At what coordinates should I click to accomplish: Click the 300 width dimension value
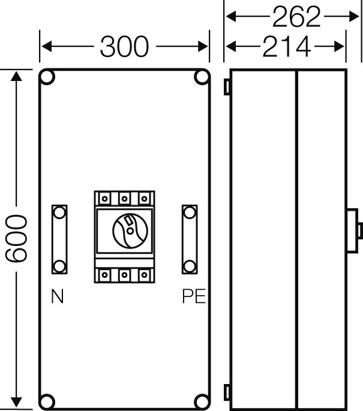pyautogui.click(x=124, y=47)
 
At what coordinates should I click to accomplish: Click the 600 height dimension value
pyautogui.click(x=16, y=239)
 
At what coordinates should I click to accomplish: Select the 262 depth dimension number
pyautogui.click(x=296, y=17)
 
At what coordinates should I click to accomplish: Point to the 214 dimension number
pyautogui.click(x=287, y=47)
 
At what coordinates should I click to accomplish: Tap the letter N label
pyautogui.click(x=58, y=296)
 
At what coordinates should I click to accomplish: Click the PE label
pyautogui.click(x=194, y=296)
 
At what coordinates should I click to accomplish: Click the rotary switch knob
pyautogui.click(x=130, y=231)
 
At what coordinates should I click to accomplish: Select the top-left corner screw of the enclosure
pyautogui.click(x=47, y=77)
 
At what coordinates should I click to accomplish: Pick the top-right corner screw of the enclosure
pyautogui.click(x=202, y=77)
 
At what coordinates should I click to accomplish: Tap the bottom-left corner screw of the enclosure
pyautogui.click(x=47, y=401)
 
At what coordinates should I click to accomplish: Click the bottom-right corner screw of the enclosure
pyautogui.click(x=202, y=401)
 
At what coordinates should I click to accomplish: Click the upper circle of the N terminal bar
pyautogui.click(x=59, y=212)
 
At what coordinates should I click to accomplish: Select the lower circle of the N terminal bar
pyautogui.click(x=59, y=266)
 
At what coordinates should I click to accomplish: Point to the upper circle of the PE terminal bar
pyautogui.click(x=190, y=212)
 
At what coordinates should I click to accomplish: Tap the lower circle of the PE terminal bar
pyautogui.click(x=190, y=266)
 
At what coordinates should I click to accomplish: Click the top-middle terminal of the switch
pyautogui.click(x=124, y=199)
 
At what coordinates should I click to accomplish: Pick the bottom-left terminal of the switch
pyautogui.click(x=104, y=275)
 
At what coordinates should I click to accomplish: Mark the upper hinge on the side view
pyautogui.click(x=227, y=87)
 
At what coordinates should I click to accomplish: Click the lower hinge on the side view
pyautogui.click(x=227, y=392)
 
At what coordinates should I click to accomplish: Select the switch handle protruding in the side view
pyautogui.click(x=355, y=230)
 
